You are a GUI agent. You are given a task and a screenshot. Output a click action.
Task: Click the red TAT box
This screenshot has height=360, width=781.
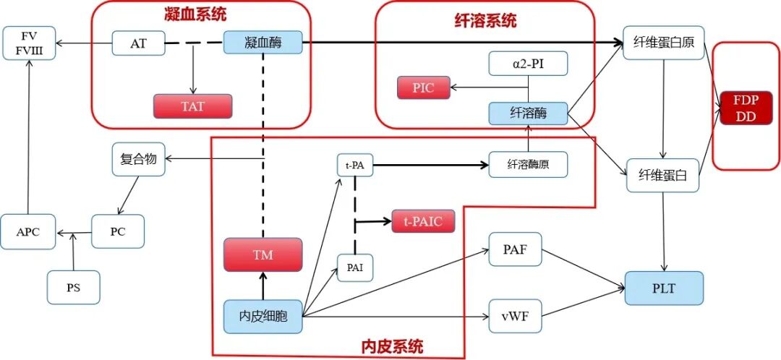tap(192, 106)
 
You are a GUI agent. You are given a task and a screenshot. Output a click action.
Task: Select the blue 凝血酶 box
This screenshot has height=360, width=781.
tap(262, 43)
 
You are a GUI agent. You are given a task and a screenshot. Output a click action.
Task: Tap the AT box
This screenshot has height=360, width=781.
tap(138, 43)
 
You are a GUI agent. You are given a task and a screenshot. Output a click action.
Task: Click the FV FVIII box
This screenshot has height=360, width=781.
tap(29, 43)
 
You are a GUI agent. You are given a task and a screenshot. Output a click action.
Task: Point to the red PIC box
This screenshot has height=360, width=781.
tap(423, 87)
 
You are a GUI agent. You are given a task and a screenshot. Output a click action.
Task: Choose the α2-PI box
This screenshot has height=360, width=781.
tap(528, 63)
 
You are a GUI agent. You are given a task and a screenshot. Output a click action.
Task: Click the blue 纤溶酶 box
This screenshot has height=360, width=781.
tap(528, 113)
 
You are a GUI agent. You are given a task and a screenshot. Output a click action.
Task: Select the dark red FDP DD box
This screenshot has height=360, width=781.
tap(745, 108)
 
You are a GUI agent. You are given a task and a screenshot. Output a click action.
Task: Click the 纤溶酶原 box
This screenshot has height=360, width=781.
tap(528, 164)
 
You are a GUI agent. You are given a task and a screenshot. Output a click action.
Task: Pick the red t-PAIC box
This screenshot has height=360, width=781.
tap(423, 221)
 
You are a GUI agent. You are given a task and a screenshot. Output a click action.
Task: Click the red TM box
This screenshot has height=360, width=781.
tap(263, 255)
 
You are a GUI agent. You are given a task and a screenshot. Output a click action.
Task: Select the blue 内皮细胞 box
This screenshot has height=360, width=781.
tap(263, 316)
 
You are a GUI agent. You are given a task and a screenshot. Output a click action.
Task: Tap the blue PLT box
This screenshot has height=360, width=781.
tap(663, 288)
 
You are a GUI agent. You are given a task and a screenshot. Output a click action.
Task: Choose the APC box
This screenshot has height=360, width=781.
tap(29, 232)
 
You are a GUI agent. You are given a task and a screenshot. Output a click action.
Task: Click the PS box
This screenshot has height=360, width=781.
tap(73, 287)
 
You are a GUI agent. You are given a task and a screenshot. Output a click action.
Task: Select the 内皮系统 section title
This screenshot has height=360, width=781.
tap(391, 346)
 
